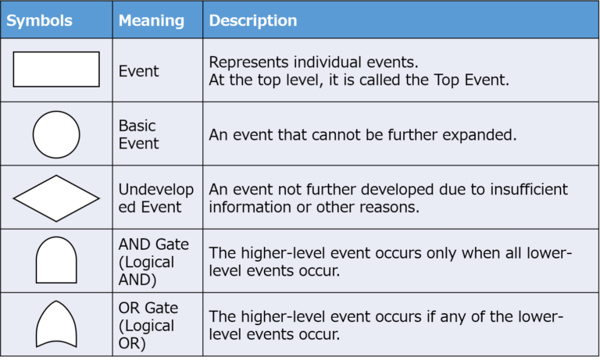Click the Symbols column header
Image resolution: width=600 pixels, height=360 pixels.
(39, 20)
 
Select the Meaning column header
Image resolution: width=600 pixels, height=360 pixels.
(152, 20)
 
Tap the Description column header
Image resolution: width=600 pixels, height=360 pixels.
(253, 20)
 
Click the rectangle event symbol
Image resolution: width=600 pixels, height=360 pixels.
(56, 70)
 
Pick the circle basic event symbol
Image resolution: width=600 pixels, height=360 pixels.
(56, 134)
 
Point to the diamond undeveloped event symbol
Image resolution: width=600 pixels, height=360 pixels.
(56, 198)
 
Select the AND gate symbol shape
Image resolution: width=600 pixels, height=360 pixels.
(56, 260)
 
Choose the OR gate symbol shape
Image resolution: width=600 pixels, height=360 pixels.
(56, 324)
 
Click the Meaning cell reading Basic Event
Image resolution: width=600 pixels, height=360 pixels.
(138, 134)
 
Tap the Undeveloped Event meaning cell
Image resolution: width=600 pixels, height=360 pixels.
(156, 198)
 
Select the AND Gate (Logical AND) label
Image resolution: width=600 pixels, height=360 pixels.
(154, 262)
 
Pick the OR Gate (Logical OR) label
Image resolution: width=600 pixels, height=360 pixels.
(148, 326)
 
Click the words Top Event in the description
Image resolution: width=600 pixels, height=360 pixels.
(471, 80)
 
